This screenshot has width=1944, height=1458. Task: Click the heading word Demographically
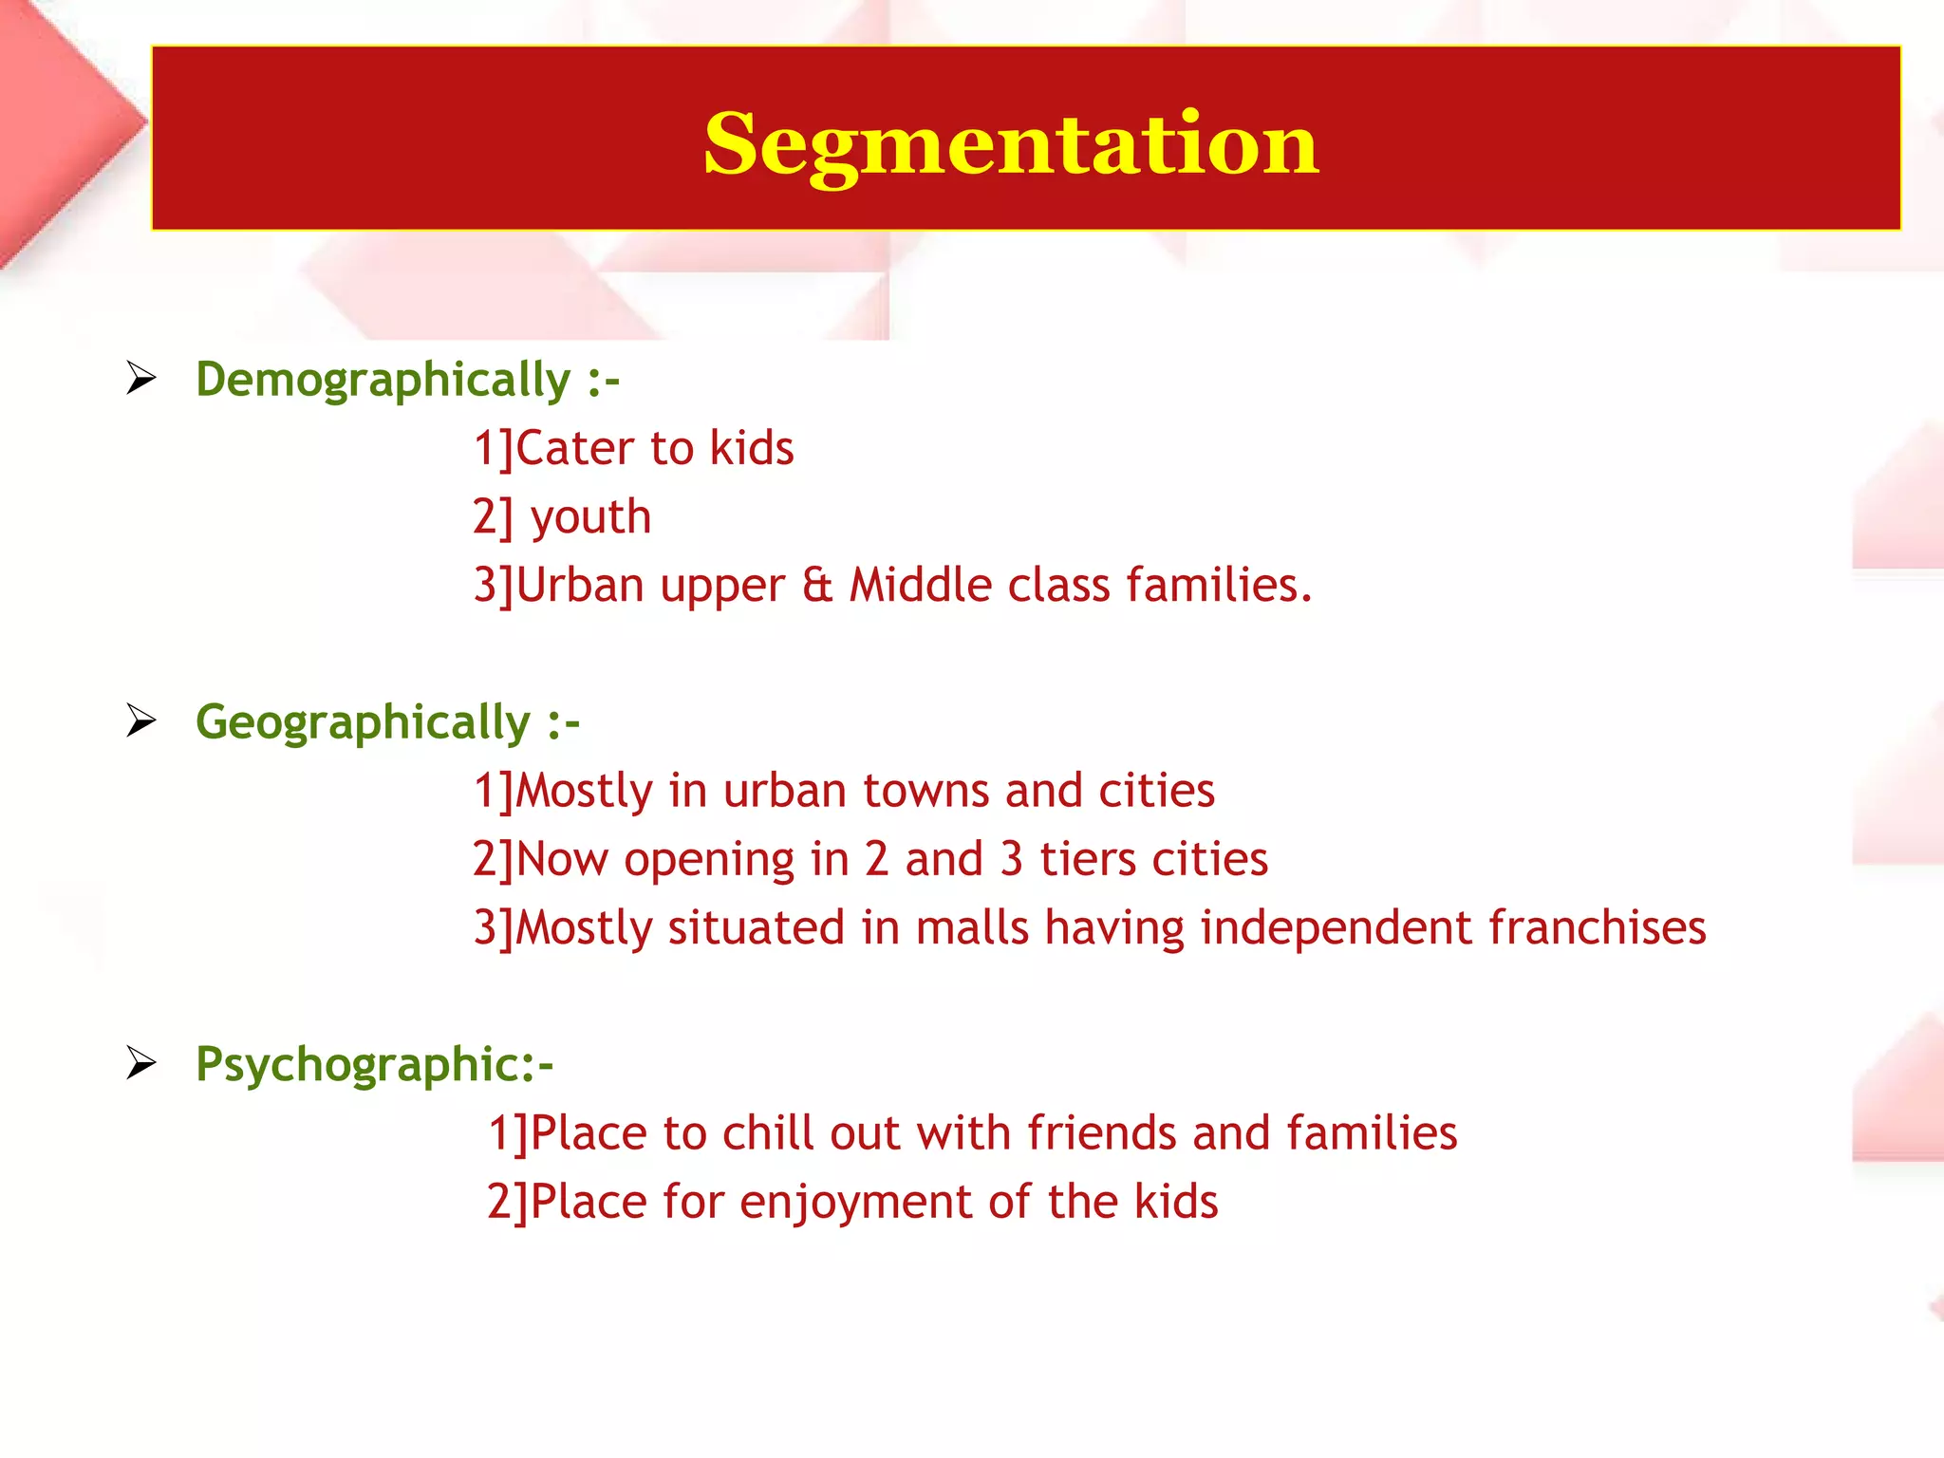[383, 381]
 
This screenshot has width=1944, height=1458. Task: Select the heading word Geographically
[363, 723]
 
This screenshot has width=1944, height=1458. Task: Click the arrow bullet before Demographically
[141, 379]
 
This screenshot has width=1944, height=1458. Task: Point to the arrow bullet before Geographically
[141, 721]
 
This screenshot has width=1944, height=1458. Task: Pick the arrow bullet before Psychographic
[141, 1063]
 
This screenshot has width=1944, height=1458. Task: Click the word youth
[590, 518]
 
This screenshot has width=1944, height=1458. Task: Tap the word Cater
[575, 448]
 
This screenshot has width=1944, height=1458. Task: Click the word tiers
[1088, 859]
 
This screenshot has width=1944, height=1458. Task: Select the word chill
[768, 1133]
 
